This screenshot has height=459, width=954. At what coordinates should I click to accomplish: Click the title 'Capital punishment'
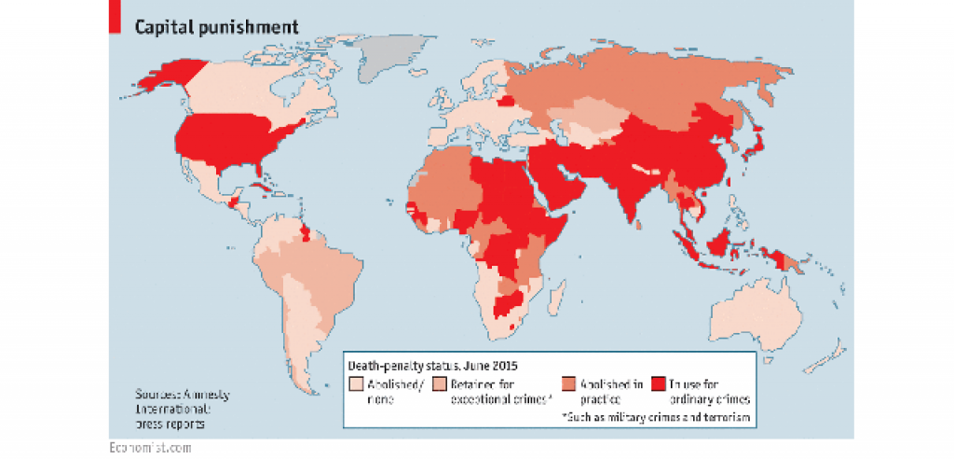[x=217, y=26]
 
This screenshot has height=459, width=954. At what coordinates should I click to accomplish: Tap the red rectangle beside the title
[x=116, y=16]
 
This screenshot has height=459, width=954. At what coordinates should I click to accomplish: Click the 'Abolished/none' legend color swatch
[x=355, y=384]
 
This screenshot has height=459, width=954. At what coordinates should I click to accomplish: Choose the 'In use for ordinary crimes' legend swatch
[x=658, y=384]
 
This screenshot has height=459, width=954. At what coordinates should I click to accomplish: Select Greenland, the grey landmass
[x=390, y=55]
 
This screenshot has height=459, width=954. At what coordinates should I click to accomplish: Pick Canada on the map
[x=242, y=89]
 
